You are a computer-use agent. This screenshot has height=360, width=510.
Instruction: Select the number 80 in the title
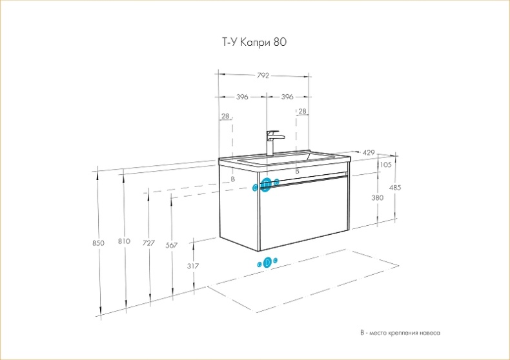tap(280, 43)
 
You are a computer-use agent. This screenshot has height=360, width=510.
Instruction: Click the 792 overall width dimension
tap(263, 75)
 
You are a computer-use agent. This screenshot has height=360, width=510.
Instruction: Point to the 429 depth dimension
tap(369, 153)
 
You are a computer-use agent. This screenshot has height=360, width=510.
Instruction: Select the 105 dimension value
tap(386, 165)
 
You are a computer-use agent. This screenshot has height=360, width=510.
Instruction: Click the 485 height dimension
tap(395, 188)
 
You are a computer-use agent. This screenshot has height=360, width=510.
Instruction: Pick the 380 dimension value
tap(378, 198)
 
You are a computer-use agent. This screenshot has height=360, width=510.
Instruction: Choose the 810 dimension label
tap(124, 241)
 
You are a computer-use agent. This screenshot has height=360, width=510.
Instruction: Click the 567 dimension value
tap(172, 245)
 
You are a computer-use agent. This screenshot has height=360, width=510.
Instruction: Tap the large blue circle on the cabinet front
tap(266, 185)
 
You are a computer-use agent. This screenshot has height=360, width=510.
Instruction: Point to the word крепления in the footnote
tap(399, 334)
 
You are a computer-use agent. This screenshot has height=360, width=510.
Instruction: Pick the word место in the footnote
tap(377, 334)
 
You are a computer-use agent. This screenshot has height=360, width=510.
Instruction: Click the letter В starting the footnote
tap(362, 334)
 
